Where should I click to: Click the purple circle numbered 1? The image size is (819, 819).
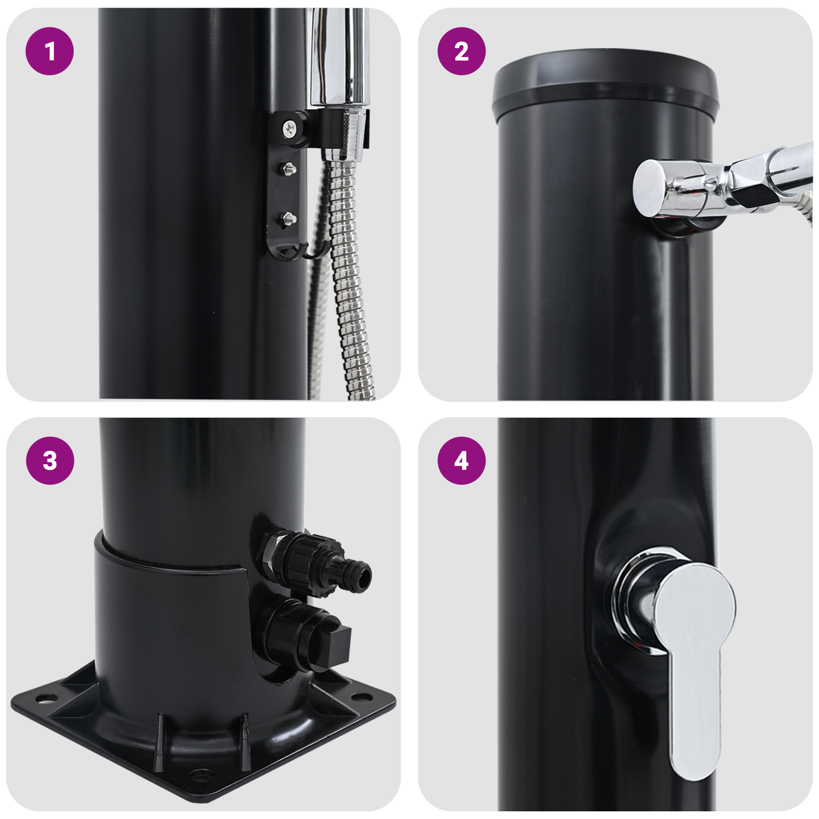pos(50,51)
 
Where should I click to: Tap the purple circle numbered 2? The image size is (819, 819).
pos(461,51)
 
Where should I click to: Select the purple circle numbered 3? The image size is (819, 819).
pos(50,460)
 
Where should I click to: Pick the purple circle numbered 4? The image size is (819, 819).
pos(461,460)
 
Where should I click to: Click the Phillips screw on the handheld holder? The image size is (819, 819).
pos(290,127)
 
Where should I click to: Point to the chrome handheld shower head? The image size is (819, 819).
pos(338,56)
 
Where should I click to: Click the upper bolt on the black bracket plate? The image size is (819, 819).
pos(288,167)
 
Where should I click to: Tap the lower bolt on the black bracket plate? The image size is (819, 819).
pos(288,219)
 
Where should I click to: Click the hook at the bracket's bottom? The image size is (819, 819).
pos(313,251)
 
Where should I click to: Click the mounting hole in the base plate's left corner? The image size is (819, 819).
pos(44,698)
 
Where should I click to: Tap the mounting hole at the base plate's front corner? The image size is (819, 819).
pos(200,774)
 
